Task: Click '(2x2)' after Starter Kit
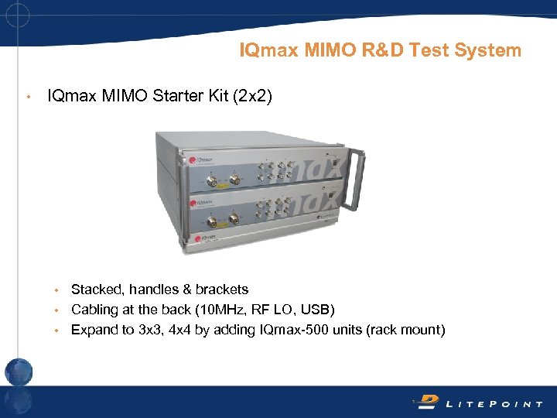[x=249, y=98]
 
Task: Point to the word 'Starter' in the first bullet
[x=165, y=98]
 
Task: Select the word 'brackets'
[x=222, y=290]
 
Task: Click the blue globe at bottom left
[x=19, y=372]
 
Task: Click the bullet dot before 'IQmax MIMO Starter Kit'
[x=27, y=98]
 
